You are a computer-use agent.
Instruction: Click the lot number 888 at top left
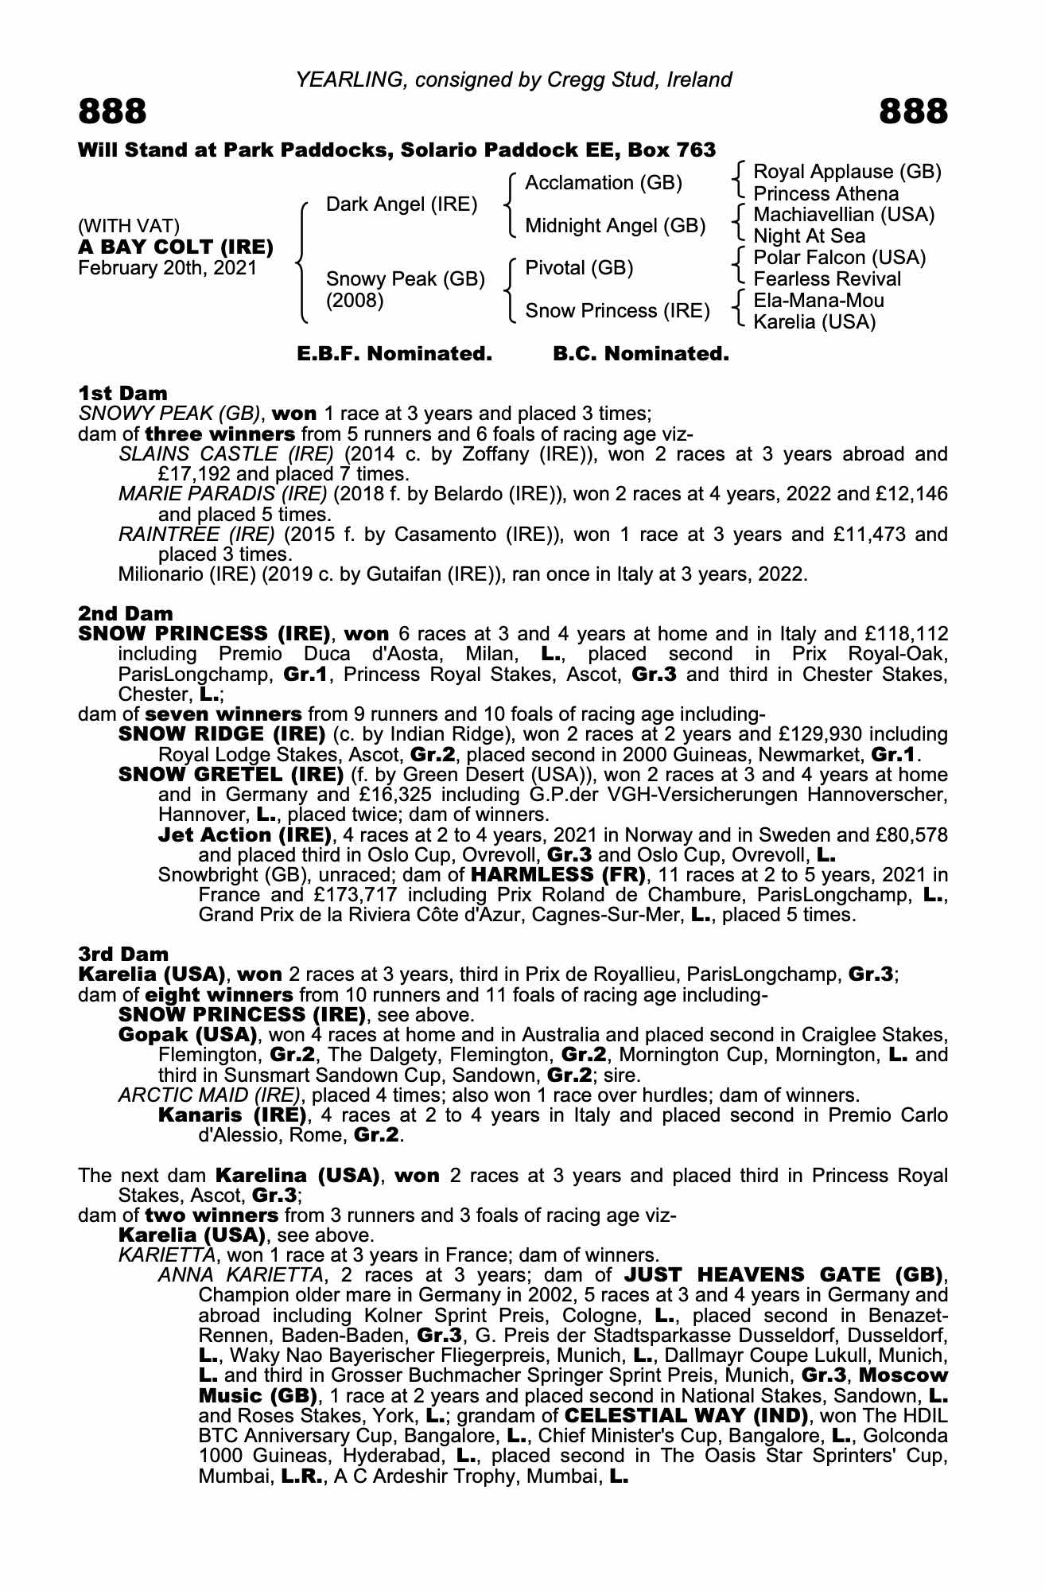tap(112, 112)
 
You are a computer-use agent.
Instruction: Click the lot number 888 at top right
tap(914, 112)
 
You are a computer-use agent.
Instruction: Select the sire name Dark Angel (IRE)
tap(402, 204)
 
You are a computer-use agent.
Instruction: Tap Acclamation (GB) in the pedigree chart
tap(604, 183)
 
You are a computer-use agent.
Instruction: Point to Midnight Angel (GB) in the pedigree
tap(616, 226)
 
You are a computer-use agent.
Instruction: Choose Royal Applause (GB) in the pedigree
tap(847, 172)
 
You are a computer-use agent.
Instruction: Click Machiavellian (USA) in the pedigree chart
tap(844, 215)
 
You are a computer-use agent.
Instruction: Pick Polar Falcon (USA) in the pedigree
tap(839, 258)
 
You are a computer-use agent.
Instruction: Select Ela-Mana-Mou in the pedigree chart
tap(818, 301)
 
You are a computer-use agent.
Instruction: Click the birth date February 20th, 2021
tap(167, 267)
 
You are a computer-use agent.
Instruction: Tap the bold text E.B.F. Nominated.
tap(394, 354)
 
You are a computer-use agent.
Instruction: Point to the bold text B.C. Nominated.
tap(641, 354)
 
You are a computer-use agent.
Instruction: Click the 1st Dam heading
tap(123, 393)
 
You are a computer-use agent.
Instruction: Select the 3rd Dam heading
tap(123, 954)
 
